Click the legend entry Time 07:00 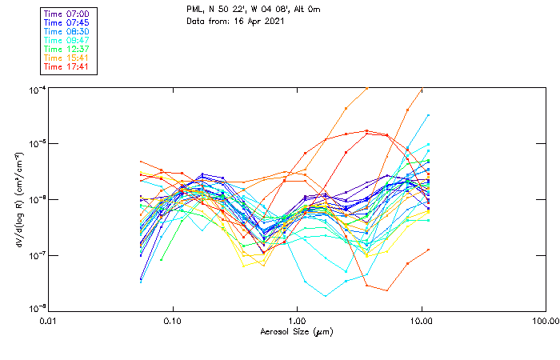(x=66, y=14)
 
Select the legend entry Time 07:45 (x=66, y=22)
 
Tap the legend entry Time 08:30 (x=66, y=31)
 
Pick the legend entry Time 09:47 (x=66, y=40)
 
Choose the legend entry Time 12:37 (x=66, y=49)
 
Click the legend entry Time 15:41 (x=66, y=58)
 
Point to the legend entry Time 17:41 (x=66, y=66)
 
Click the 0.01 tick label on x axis (x=49, y=320)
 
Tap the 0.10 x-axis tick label (x=173, y=320)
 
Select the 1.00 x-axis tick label (x=297, y=320)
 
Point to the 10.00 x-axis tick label (x=421, y=320)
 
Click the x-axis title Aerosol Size (x=296, y=331)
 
